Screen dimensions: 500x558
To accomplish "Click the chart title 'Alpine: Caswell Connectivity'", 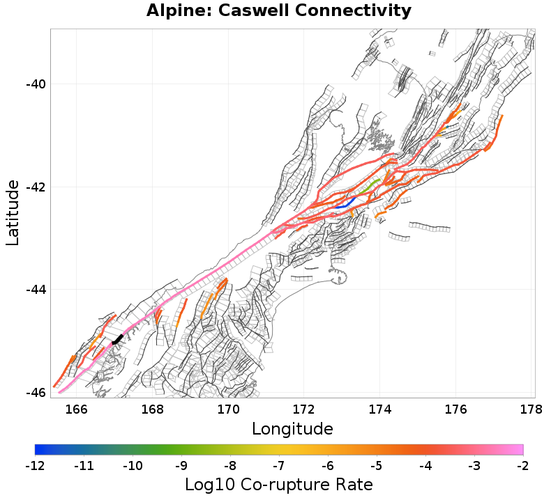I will [x=279, y=11].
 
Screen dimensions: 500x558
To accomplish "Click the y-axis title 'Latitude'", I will [x=13, y=212].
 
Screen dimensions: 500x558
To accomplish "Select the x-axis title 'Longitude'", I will [x=292, y=427].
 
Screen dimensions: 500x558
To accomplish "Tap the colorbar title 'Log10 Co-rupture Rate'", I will [x=279, y=484].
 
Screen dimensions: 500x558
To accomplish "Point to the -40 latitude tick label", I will [x=35, y=84].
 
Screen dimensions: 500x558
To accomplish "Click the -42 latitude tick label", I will [x=35, y=187].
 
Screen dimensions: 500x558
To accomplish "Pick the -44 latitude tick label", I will [x=35, y=290].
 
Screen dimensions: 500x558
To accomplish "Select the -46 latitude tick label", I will [x=35, y=392].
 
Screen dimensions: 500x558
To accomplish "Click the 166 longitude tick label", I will [x=76, y=409].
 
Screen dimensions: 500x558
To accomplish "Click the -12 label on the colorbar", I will [x=35, y=464].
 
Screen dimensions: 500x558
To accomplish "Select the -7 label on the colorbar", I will [x=279, y=464].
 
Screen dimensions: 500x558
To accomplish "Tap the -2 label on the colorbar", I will [x=523, y=464].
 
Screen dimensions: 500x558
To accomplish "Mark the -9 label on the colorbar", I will [x=181, y=464].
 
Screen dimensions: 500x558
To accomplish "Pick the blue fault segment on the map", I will [x=345, y=203].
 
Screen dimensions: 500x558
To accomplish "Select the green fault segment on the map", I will [x=370, y=185].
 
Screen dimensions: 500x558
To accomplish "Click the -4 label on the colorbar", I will [x=425, y=464].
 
